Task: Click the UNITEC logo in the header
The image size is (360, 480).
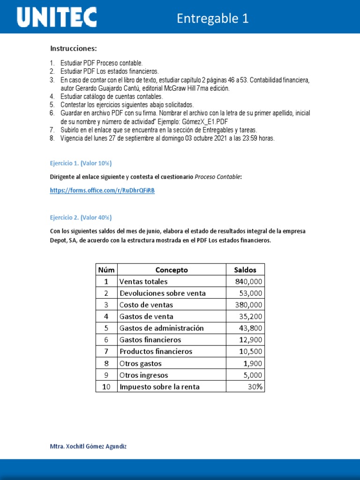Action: pyautogui.click(x=57, y=18)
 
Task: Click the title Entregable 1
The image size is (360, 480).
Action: pyautogui.click(x=212, y=18)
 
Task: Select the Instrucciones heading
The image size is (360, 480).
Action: pyautogui.click(x=74, y=49)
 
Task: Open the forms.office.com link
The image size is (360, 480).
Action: pyautogui.click(x=102, y=190)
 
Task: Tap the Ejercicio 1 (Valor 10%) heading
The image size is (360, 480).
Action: pyautogui.click(x=81, y=163)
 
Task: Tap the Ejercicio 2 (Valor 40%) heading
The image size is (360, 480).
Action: pyautogui.click(x=81, y=217)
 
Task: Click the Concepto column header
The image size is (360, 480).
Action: pyautogui.click(x=171, y=270)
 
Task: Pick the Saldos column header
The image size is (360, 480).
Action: pyautogui.click(x=245, y=270)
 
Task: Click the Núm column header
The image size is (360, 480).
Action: pyautogui.click(x=106, y=270)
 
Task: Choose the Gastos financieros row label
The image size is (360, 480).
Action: pyautogui.click(x=150, y=340)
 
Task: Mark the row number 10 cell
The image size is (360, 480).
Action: pyautogui.click(x=106, y=387)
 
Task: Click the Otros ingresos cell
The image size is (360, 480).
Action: pyautogui.click(x=143, y=375)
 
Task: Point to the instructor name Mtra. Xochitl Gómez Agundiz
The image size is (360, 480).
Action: pyautogui.click(x=88, y=446)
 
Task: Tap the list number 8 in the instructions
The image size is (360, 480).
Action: pyautogui.click(x=52, y=138)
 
